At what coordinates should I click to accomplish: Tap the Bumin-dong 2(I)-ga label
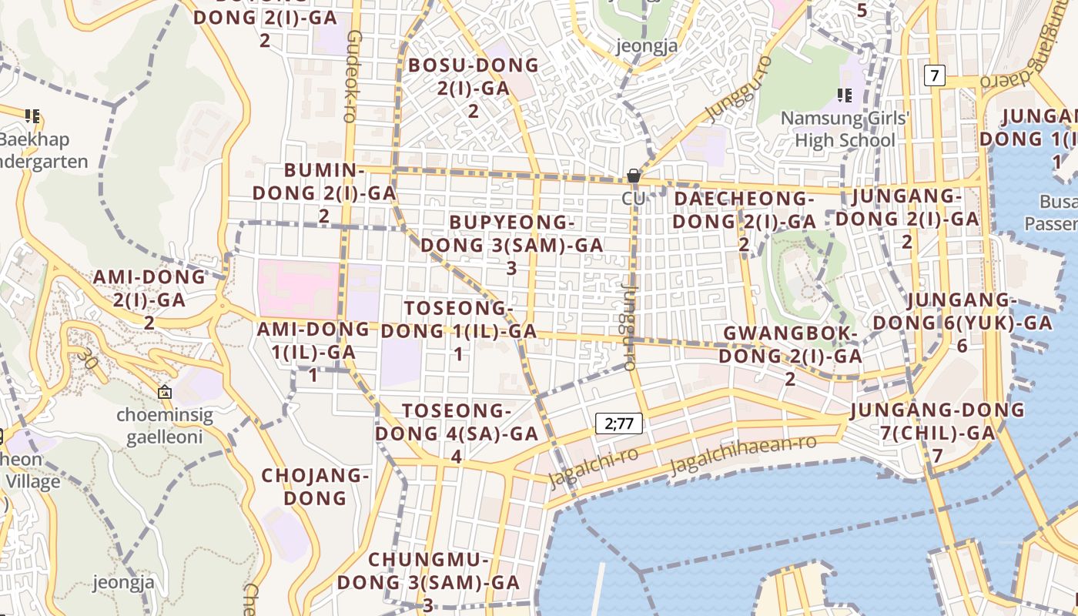coord(324,192)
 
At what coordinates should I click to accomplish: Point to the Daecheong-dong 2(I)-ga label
coord(744,210)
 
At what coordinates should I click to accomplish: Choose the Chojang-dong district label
coord(316,486)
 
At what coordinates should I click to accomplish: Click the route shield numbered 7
coord(935,75)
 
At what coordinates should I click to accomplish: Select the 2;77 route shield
coord(619,423)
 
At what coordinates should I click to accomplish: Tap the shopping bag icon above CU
coord(634,176)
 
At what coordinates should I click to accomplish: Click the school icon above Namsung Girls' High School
coord(844,95)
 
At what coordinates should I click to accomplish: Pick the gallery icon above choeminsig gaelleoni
coord(165,393)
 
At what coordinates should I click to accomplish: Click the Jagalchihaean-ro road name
coord(743,454)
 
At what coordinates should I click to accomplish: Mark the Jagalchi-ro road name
coord(593,467)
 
